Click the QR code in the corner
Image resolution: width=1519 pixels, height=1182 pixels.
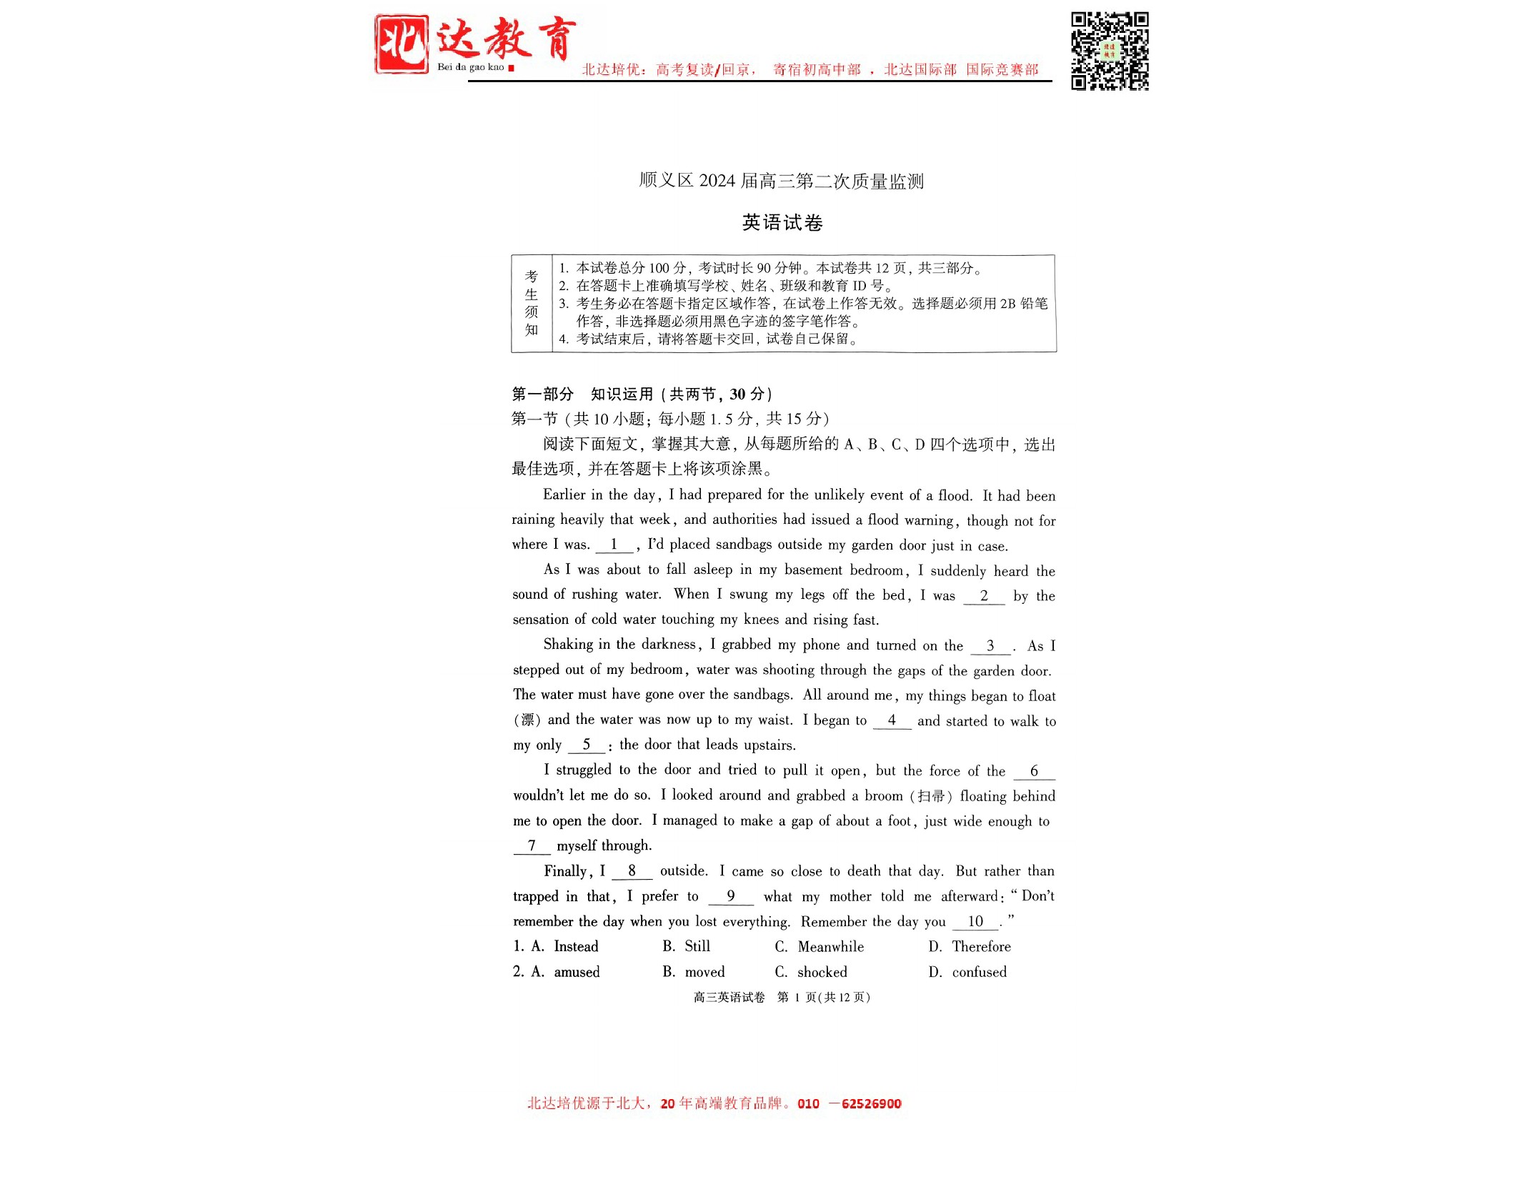coord(1109,51)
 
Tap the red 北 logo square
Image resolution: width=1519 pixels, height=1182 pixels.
coord(402,44)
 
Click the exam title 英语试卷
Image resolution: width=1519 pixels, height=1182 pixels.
coord(782,223)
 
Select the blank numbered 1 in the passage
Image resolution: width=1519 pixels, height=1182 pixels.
coord(614,545)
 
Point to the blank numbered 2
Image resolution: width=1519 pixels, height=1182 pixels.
coord(984,596)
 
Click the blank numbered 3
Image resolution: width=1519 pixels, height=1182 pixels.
coord(990,646)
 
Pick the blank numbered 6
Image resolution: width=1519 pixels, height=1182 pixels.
coord(1034,772)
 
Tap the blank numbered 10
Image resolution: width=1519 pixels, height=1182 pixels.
coord(975,922)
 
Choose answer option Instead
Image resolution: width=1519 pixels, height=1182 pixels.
coord(576,947)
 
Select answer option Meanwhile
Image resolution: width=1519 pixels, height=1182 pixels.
coord(830,947)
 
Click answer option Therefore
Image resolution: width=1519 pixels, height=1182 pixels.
coord(981,947)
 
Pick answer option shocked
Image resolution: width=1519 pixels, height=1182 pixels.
coord(822,972)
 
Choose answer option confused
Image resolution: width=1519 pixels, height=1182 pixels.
coord(979,972)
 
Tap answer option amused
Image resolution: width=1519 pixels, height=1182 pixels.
coord(577,972)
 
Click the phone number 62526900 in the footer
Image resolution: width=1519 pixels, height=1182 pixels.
coord(871,1103)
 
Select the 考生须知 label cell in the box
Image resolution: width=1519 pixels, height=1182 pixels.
coord(532,303)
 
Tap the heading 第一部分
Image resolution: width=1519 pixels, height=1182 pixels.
coord(543,394)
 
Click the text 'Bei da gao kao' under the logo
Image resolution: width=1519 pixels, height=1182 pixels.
coord(470,67)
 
